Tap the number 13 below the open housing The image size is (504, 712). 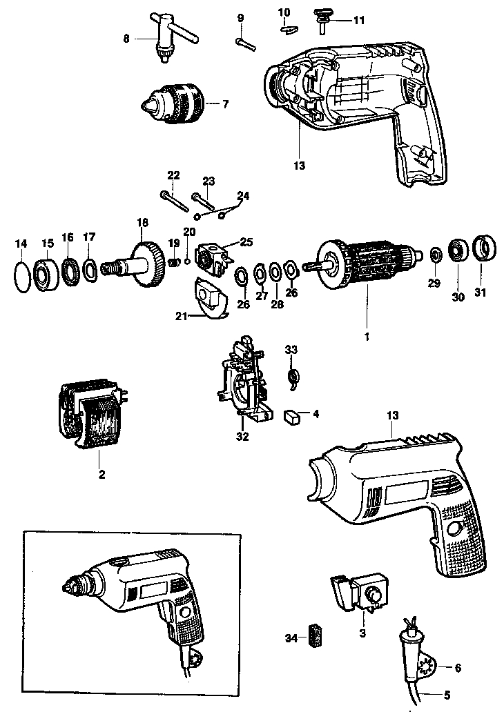tap(300, 166)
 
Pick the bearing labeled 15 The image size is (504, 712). tap(46, 275)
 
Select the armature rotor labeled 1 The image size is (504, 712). tap(366, 266)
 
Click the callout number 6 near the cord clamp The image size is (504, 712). tap(458, 668)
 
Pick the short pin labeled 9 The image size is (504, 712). tap(246, 43)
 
